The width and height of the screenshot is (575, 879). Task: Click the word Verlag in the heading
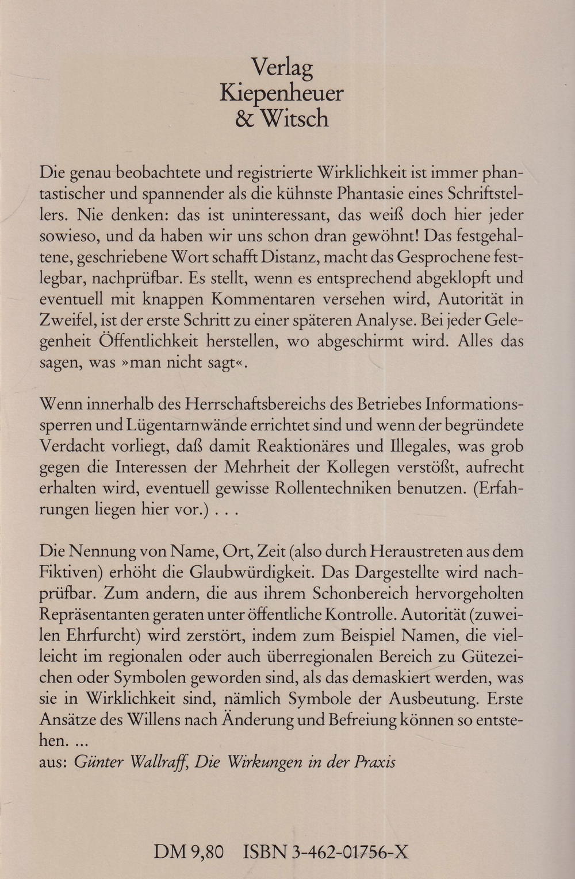click(282, 68)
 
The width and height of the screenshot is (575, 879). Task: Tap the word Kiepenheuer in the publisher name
click(282, 94)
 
